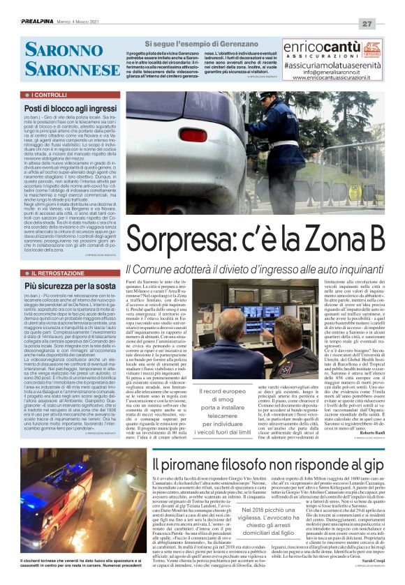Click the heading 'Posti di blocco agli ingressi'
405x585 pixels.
tap(70, 109)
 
